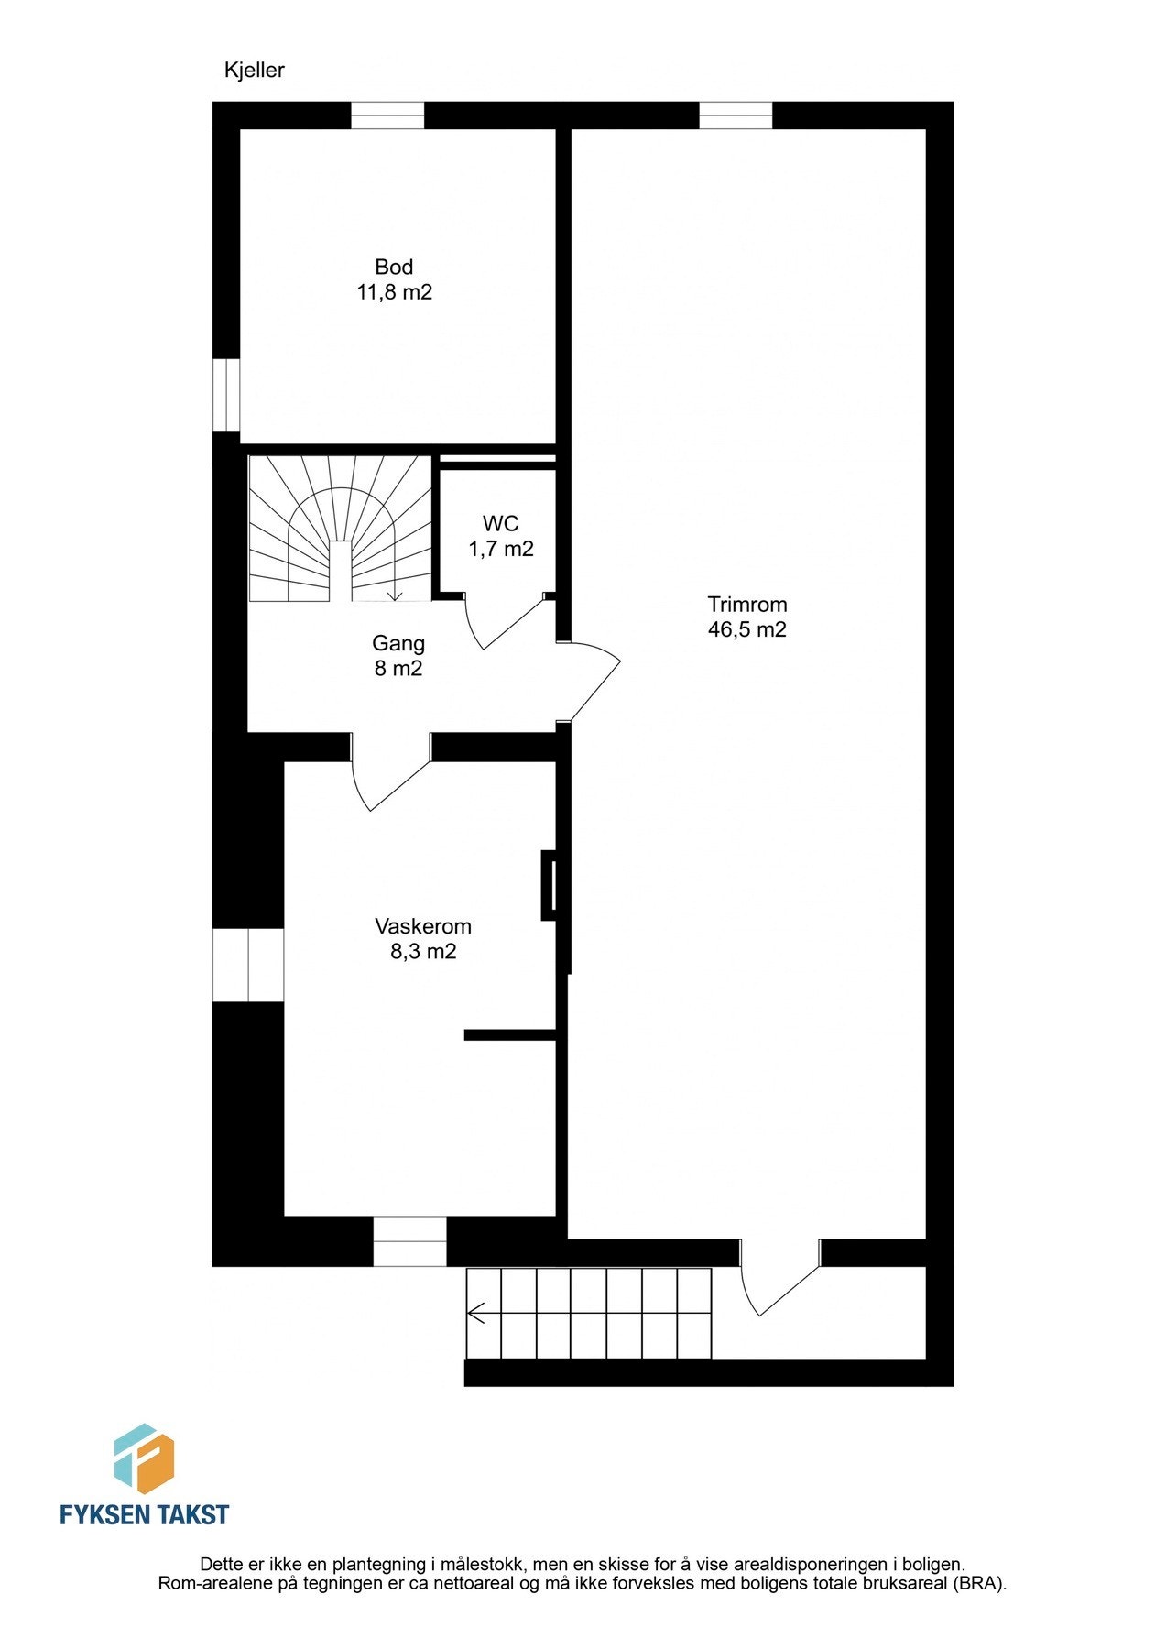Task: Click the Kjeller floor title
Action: coord(254,71)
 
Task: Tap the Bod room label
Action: coord(394,268)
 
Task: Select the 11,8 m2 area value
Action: coord(394,293)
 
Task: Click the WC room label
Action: coord(501,524)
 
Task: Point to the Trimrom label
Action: coord(747,605)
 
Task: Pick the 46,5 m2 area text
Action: coord(747,630)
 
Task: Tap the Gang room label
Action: coord(398,643)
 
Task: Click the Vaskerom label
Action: coord(423,926)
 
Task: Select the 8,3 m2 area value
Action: coord(423,952)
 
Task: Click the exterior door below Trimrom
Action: coord(779,1283)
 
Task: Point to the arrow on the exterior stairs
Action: coord(477,1314)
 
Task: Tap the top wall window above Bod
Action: coord(387,115)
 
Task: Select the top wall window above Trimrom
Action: coord(736,115)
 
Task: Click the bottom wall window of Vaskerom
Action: coord(409,1241)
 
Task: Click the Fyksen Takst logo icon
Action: coord(144,1458)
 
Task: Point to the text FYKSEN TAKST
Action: coord(144,1514)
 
